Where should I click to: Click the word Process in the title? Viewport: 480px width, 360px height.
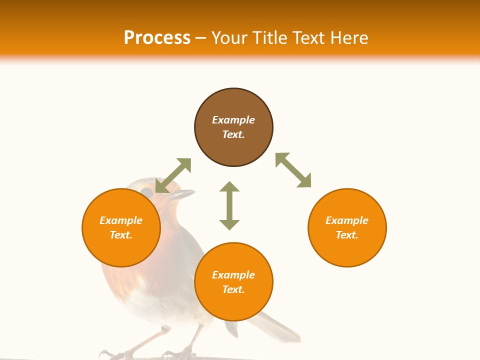click(x=157, y=38)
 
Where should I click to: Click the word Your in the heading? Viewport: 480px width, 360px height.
click(x=230, y=38)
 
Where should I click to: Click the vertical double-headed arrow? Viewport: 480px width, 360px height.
click(x=229, y=205)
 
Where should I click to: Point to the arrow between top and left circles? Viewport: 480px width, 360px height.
click(x=173, y=175)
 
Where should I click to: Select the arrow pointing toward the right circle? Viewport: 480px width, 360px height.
click(x=293, y=170)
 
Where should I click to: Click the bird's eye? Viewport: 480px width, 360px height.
click(x=146, y=192)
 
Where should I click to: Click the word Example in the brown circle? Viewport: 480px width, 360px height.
click(x=233, y=120)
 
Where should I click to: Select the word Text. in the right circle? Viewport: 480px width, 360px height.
click(x=346, y=235)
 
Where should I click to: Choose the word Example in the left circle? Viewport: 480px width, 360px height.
click(x=121, y=220)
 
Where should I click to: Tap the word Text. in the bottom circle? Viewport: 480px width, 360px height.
click(x=233, y=289)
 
